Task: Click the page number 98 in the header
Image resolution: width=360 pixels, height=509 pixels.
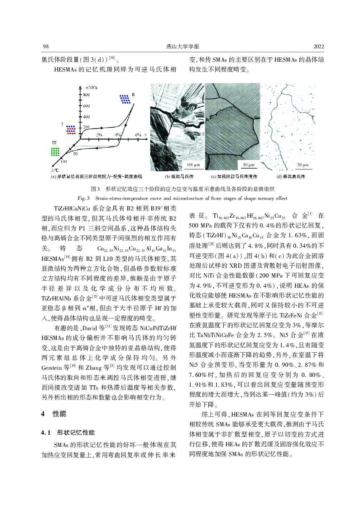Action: point(46,46)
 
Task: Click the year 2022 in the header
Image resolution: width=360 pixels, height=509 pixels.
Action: point(319,46)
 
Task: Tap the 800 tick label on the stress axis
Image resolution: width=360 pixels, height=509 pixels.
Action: point(86,95)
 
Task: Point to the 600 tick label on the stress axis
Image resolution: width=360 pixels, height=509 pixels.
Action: point(86,106)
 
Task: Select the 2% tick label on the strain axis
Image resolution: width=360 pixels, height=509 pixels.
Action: point(99,135)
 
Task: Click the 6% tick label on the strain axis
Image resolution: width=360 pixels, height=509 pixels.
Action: point(138,135)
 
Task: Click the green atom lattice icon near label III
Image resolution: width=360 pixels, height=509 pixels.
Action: point(55,152)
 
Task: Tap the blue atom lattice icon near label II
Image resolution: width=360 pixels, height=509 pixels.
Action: point(125,99)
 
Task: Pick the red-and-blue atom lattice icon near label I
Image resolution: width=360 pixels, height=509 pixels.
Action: point(71,130)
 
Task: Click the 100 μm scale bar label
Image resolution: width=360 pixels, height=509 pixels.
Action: point(193,165)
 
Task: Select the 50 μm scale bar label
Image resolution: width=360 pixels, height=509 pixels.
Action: point(249,165)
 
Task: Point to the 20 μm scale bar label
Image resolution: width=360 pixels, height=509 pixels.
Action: point(303,165)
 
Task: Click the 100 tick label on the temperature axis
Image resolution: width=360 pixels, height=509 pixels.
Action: point(64,161)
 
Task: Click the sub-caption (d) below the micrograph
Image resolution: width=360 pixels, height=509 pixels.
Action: point(291,177)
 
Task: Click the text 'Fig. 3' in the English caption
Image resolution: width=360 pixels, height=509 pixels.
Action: point(83,198)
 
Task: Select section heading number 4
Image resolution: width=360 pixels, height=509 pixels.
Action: point(43,414)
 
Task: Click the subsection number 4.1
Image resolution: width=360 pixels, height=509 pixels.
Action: point(46,432)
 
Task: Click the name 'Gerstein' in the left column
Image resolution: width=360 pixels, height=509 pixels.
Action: point(52,368)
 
